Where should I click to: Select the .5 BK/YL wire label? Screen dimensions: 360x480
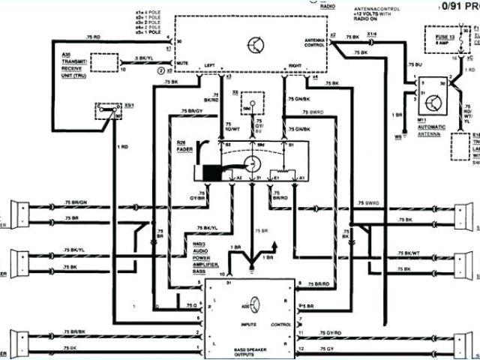coord(145,58)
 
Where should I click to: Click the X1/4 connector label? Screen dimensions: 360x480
coord(371,34)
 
